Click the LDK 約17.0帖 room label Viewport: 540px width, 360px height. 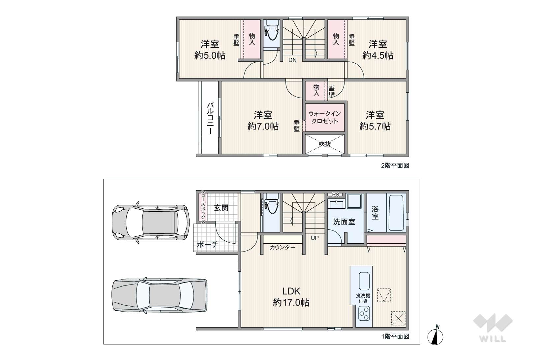[x=291, y=297]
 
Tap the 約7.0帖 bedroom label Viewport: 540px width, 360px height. [x=263, y=121]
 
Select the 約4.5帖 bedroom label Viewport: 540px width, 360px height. [x=378, y=50]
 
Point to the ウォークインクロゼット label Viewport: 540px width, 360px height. [x=324, y=117]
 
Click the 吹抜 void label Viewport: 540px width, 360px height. [x=325, y=144]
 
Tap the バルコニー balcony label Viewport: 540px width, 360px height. [x=210, y=118]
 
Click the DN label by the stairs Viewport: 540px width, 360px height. [x=292, y=60]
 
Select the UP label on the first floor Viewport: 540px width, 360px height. [x=315, y=238]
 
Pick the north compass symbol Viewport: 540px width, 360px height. [x=435, y=335]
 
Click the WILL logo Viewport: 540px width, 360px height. [x=493, y=328]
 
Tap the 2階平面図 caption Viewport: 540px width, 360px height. [x=395, y=165]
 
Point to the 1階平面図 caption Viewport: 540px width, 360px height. [x=395, y=336]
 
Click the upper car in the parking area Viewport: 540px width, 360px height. [x=151, y=222]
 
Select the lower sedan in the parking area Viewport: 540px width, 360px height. [x=159, y=296]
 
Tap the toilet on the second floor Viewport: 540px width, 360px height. [x=271, y=34]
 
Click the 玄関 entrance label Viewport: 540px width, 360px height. [x=221, y=208]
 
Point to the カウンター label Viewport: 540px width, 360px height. [x=283, y=247]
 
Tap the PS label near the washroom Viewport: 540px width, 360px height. [x=336, y=195]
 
